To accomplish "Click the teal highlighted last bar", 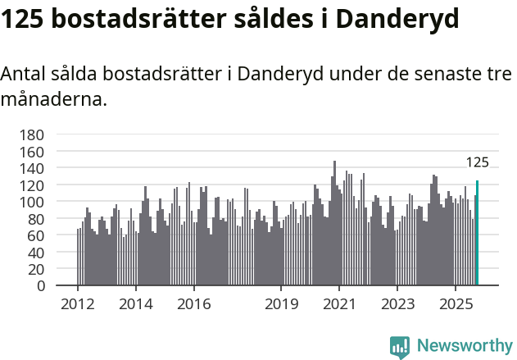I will point(477,234).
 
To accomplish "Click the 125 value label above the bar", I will point(478,162).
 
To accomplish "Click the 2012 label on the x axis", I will point(78,305).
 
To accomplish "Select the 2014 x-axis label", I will point(136,305).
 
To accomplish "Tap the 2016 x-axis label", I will point(193,305).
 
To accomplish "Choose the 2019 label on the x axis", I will point(281,305).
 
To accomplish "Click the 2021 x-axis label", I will point(339,305).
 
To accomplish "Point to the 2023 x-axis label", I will point(397,305).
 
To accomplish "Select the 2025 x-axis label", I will point(456,305).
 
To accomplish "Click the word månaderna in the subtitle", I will point(52,100).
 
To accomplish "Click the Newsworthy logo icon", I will point(400,346).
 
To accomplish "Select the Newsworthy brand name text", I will point(464,346).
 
